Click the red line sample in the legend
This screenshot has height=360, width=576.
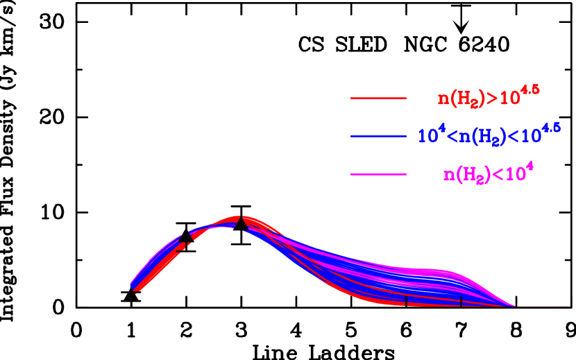pos(378,98)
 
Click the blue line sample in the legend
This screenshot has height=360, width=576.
pos(378,137)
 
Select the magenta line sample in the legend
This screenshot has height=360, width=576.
pos(378,174)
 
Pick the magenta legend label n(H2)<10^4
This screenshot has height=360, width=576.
pos(488,173)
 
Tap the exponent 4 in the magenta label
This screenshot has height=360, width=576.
pos(530,166)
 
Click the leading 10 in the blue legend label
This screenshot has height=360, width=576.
pos(425,136)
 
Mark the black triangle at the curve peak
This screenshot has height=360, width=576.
pos(240,223)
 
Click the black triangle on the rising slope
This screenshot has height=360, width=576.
pos(186,237)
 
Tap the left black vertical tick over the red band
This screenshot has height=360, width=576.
pos(406,301)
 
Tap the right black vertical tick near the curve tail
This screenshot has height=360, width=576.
pos(461,301)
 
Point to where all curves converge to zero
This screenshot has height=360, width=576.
pos(515,306)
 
